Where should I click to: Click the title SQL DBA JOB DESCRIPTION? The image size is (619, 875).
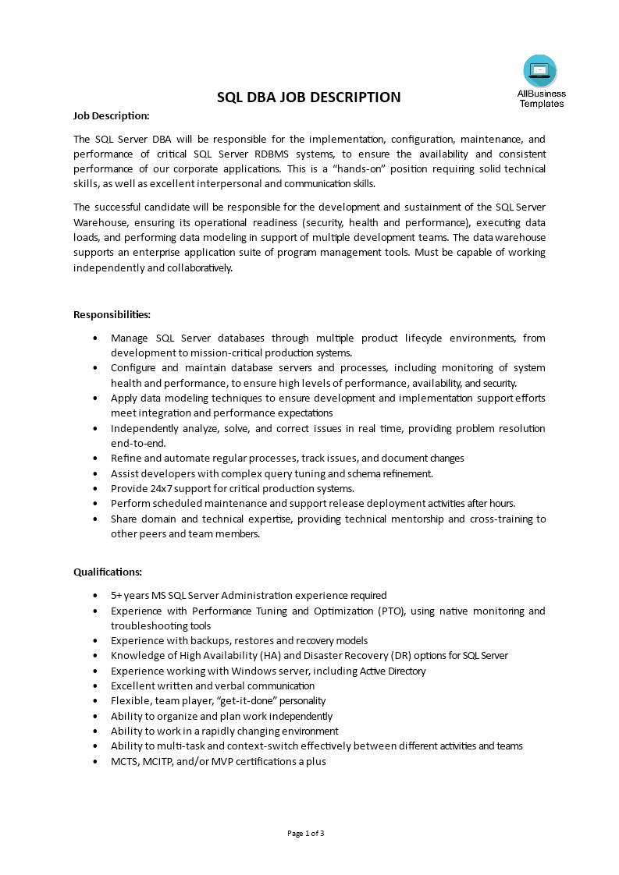click(x=308, y=97)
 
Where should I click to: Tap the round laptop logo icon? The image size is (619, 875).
click(x=540, y=72)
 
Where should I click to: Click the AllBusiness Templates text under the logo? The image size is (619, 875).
click(x=541, y=98)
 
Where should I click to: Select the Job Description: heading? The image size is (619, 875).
click(x=111, y=115)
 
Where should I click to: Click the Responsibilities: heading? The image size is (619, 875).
click(x=112, y=314)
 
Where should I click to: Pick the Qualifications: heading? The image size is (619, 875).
click(x=108, y=572)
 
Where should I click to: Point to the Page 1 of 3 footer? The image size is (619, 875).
click(x=306, y=833)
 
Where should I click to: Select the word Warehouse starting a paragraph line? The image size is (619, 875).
click(x=98, y=222)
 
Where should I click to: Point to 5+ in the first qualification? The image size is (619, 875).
click(x=117, y=595)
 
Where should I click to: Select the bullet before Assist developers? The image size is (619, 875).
click(x=95, y=473)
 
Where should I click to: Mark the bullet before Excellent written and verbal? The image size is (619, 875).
click(x=95, y=686)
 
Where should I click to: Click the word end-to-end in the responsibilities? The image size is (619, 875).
click(x=138, y=443)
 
